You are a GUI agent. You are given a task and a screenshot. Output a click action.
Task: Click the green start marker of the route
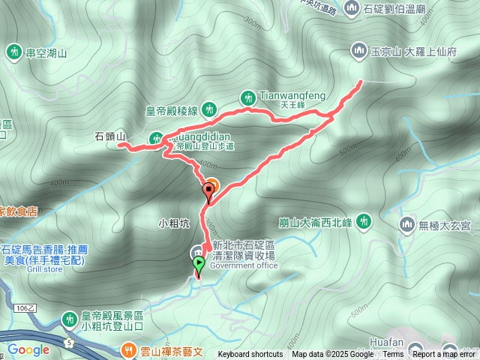[x=199, y=263]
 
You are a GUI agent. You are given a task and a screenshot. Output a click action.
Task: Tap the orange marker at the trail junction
[x=211, y=185]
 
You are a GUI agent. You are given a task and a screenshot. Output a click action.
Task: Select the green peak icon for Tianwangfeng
[x=247, y=97]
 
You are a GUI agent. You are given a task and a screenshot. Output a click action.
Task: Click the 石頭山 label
[x=109, y=136]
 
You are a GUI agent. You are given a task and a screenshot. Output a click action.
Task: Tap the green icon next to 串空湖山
[x=13, y=52]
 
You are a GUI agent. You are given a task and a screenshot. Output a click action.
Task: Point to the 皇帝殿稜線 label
[x=171, y=110]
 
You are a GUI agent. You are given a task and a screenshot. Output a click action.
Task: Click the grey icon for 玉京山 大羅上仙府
[x=358, y=51]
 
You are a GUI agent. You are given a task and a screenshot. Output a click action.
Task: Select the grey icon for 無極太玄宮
[x=407, y=223]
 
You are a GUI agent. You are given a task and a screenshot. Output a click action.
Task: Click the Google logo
[x=28, y=349]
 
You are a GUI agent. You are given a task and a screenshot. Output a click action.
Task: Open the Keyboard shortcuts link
[x=250, y=355]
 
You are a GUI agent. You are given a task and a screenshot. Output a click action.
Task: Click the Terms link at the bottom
[x=393, y=355]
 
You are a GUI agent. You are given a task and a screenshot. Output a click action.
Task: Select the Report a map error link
[x=445, y=355]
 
